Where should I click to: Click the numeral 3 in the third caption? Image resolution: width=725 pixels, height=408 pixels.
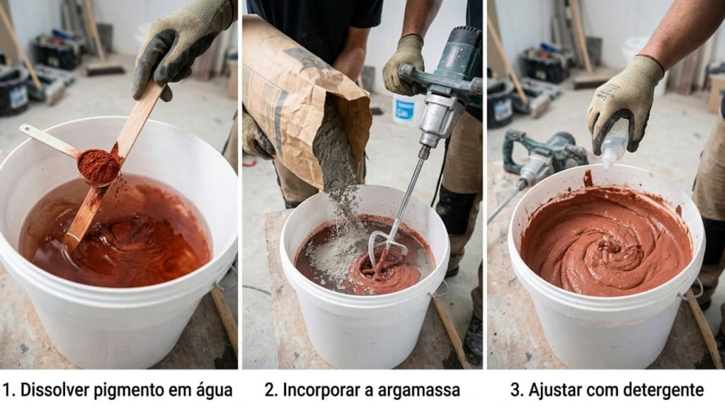coord(515,390)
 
